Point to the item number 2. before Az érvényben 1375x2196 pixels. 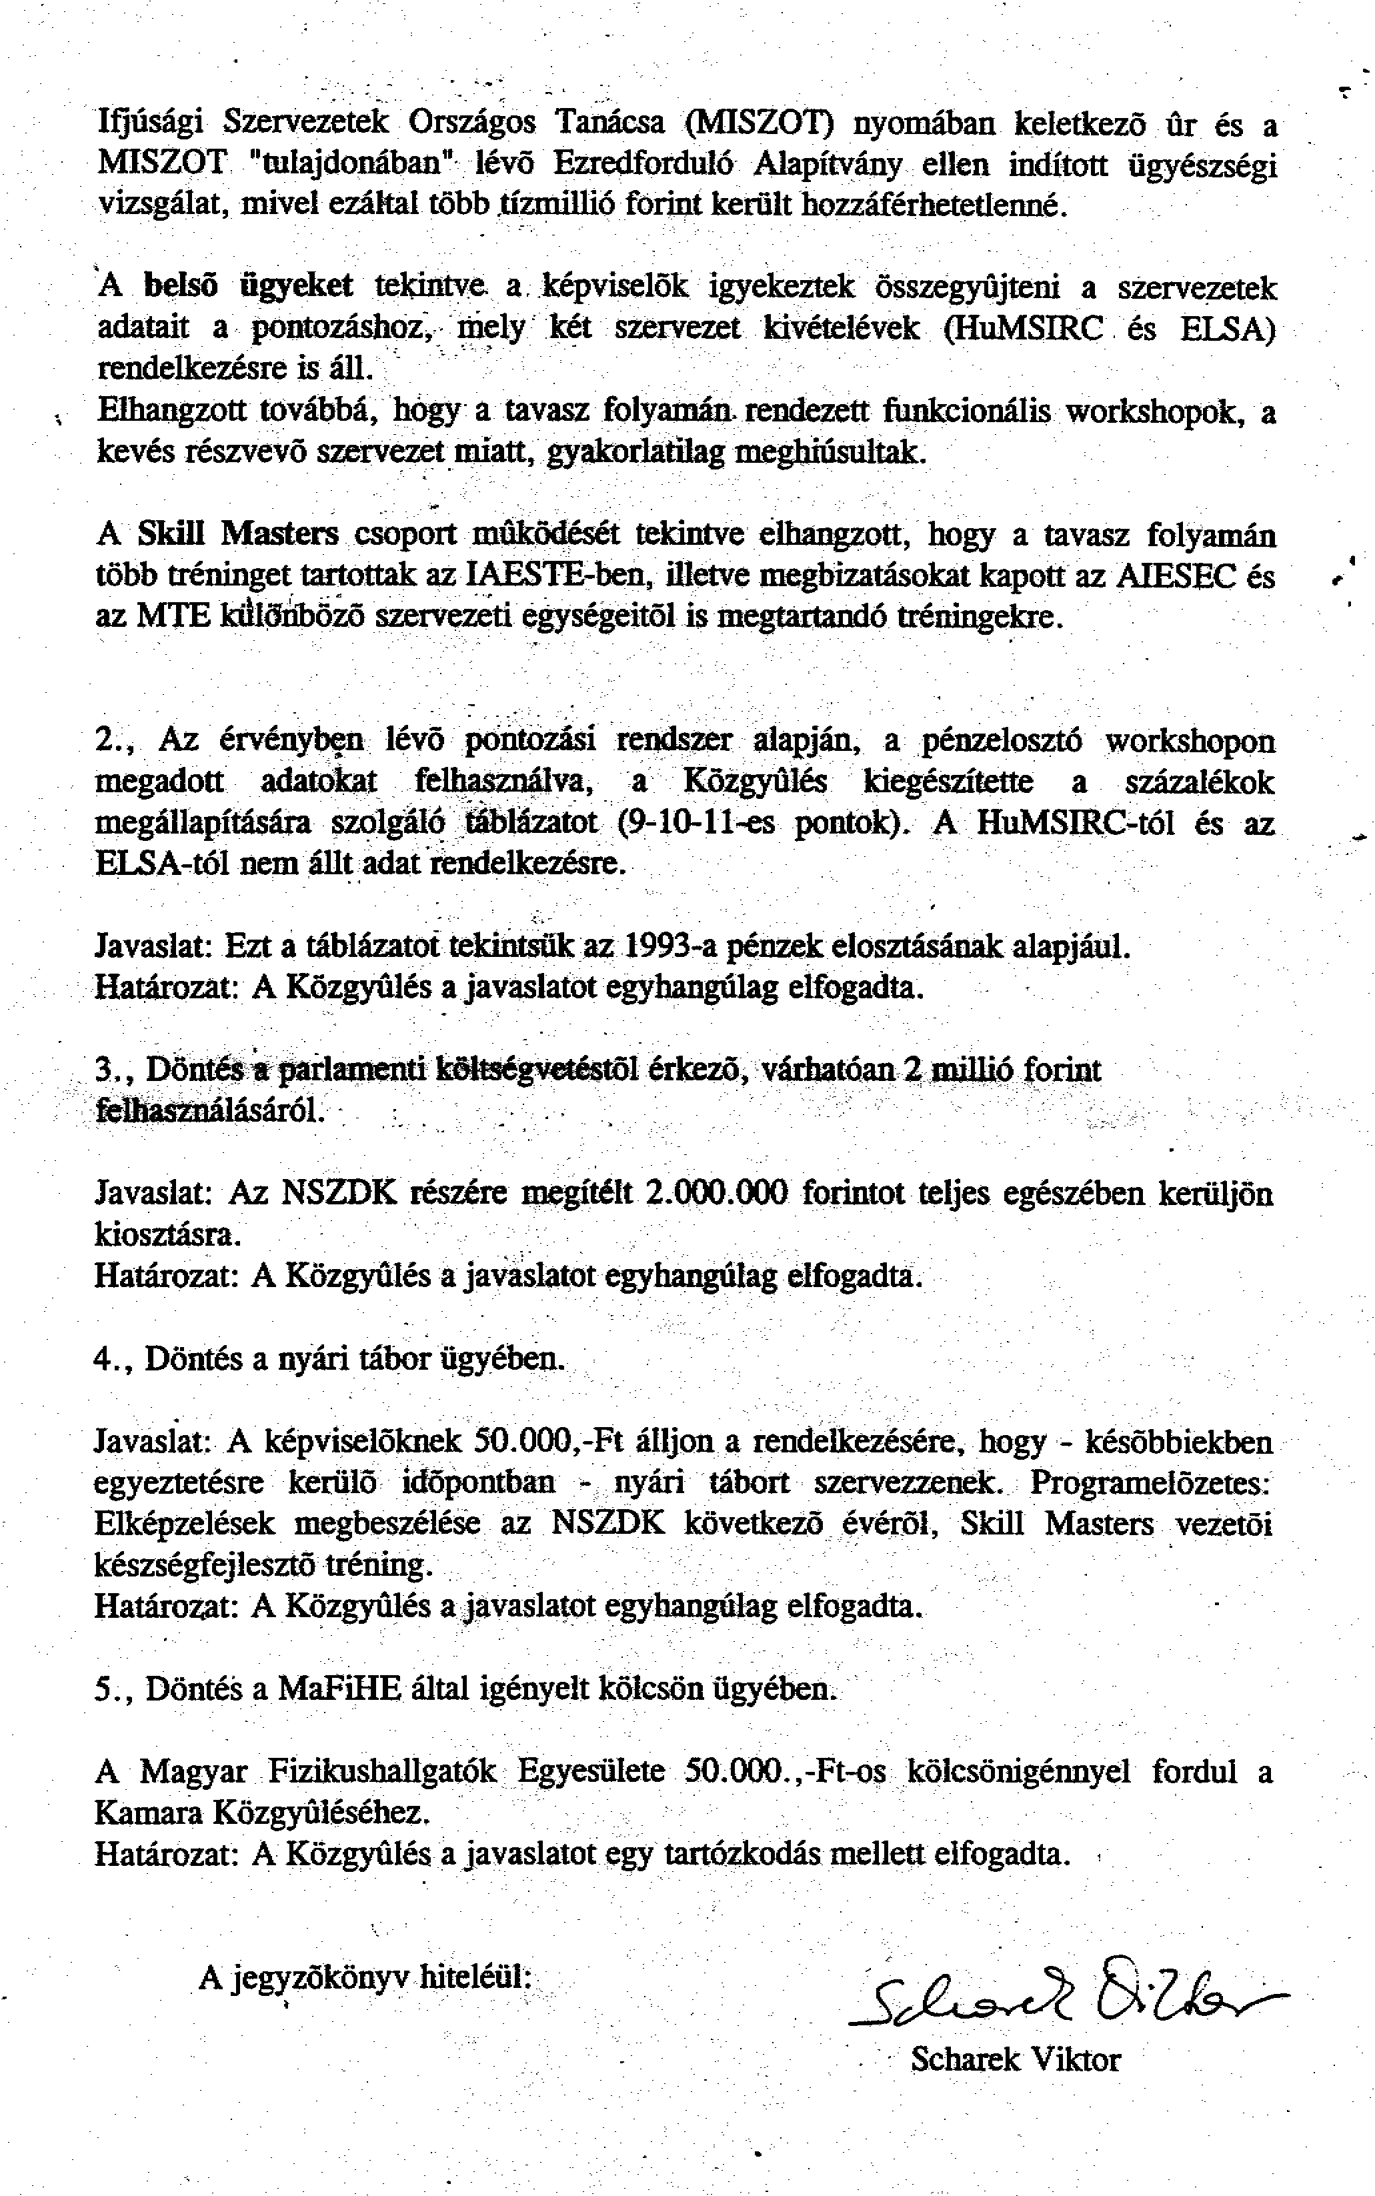click(115, 741)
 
